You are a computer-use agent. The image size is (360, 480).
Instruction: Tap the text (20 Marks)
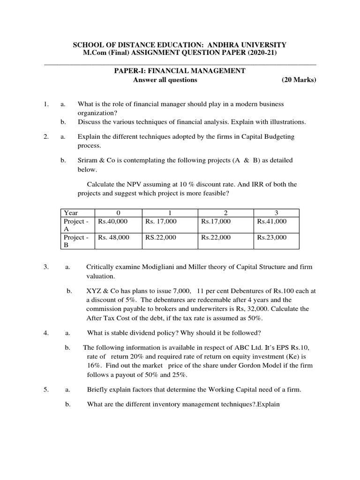(x=299, y=80)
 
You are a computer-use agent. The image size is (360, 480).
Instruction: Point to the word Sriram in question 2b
(x=88, y=160)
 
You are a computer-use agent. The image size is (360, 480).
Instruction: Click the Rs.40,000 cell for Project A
(x=112, y=221)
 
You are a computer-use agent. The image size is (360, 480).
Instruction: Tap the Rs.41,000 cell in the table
(x=272, y=221)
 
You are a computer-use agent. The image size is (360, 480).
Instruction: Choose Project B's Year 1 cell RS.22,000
(x=160, y=238)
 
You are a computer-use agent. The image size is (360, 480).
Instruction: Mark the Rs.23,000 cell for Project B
(x=272, y=238)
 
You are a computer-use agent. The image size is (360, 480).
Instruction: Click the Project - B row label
(x=76, y=241)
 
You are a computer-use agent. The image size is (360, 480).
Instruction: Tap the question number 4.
(x=46, y=333)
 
